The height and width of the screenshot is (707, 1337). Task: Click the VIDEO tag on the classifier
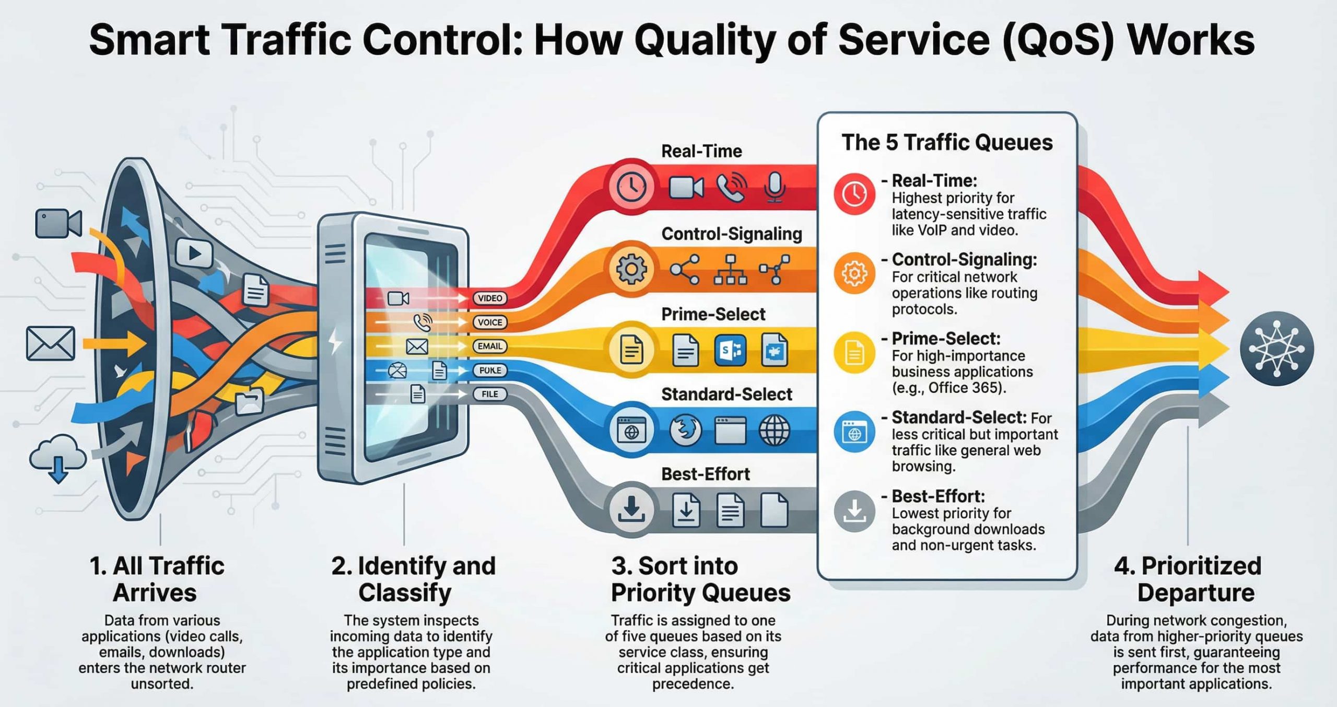point(489,298)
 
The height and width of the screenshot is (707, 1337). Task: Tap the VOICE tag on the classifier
point(489,322)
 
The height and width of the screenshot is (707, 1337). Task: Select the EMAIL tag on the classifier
point(489,346)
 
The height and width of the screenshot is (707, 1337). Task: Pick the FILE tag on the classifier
point(489,394)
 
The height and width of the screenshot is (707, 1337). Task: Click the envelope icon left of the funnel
point(50,343)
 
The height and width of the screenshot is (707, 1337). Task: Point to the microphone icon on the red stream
point(774,187)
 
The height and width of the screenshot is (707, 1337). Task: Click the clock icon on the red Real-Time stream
point(631,187)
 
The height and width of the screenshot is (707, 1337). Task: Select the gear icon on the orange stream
point(631,269)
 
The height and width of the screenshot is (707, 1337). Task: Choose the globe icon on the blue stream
point(774,430)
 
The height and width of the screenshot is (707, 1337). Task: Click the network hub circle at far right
point(1276,349)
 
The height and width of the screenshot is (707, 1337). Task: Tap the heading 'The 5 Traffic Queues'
point(947,143)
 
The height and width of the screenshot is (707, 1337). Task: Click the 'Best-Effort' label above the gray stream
point(705,474)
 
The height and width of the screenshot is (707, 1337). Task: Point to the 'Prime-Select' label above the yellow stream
point(713,314)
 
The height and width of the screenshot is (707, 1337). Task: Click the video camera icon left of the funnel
point(58,223)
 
